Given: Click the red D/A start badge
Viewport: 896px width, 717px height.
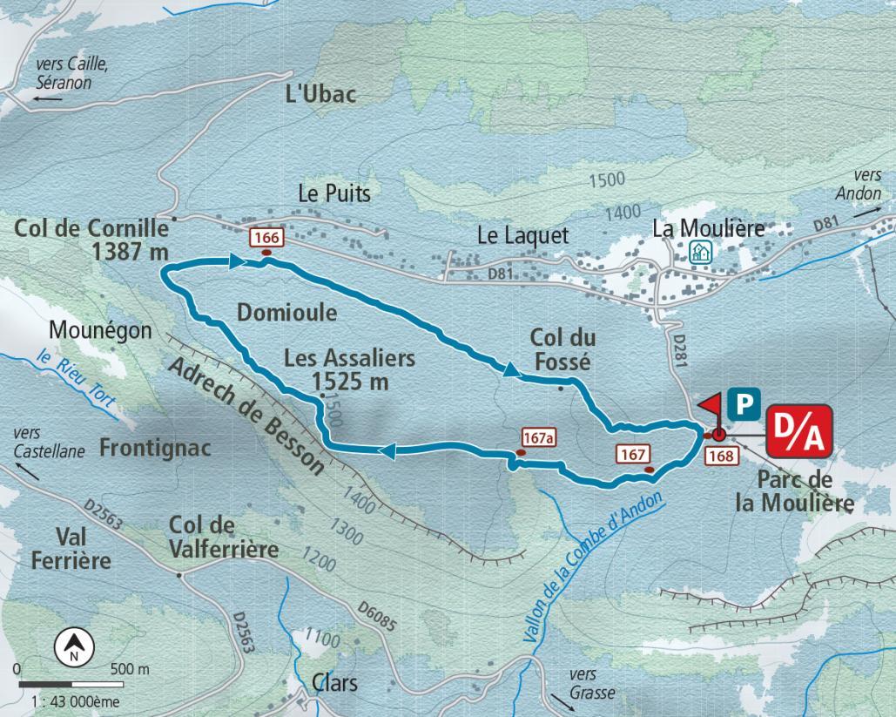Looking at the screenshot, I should click(x=799, y=430).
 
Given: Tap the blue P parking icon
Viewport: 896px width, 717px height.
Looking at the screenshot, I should click(x=743, y=402).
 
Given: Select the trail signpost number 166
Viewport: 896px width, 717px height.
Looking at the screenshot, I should click(x=266, y=238).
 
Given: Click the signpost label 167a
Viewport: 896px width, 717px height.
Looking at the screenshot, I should click(x=538, y=437).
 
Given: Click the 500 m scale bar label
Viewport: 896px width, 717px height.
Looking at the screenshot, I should click(x=130, y=669).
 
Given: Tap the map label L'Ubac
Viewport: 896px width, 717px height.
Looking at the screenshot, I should click(x=321, y=94).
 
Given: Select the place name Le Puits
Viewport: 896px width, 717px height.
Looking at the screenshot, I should click(x=333, y=193).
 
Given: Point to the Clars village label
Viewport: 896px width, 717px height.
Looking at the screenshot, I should click(x=334, y=682).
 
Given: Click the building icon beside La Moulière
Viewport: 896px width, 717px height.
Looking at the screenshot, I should click(x=699, y=253).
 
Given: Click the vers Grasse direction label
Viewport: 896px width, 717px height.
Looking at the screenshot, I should click(x=592, y=684).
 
